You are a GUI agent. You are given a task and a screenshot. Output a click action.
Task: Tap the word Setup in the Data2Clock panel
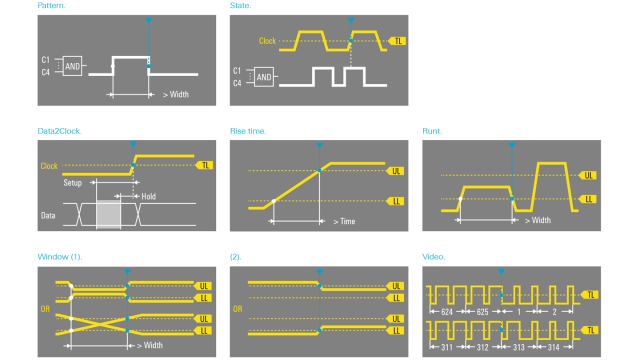click(x=73, y=184)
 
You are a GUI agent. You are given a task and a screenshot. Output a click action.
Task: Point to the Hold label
click(x=149, y=196)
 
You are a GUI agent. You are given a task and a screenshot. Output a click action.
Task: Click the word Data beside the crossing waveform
click(x=48, y=215)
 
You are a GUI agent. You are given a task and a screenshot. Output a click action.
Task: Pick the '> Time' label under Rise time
click(x=346, y=221)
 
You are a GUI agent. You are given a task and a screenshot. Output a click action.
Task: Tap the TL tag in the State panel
click(x=399, y=41)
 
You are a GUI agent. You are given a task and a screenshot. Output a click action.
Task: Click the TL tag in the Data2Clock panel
click(x=206, y=165)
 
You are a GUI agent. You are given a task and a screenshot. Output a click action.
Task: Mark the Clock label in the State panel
click(x=267, y=41)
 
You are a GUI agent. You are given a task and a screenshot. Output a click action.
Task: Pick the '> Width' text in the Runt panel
click(x=538, y=220)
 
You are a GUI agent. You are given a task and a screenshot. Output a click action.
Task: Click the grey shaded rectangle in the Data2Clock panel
click(x=107, y=214)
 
